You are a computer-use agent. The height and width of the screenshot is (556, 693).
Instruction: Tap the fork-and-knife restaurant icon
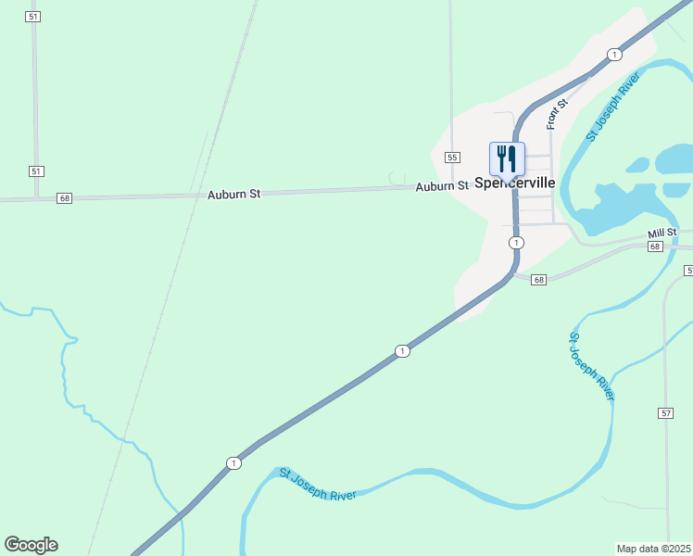[507, 158]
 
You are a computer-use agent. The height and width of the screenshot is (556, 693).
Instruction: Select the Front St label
[553, 115]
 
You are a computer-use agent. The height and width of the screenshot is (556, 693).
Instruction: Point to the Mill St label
[663, 233]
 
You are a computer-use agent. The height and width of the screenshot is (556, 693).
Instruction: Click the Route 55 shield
[452, 158]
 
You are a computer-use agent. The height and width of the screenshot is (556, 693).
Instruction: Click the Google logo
[31, 545]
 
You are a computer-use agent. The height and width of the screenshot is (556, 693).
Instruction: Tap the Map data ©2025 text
[654, 549]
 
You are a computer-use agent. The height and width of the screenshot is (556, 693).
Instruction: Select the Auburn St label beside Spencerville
[442, 187]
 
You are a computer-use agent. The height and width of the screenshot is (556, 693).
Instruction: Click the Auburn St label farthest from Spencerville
[234, 195]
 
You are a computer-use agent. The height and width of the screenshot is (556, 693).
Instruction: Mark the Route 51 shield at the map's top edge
[34, 18]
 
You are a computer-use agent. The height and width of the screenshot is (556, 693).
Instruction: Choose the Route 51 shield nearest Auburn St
[36, 171]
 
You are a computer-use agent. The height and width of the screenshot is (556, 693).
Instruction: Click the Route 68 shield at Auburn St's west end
[64, 198]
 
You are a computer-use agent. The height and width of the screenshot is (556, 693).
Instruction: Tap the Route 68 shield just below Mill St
[656, 246]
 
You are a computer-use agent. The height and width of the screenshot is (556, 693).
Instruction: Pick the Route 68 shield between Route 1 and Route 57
[539, 280]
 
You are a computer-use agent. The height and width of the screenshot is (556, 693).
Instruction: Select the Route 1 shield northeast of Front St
[614, 55]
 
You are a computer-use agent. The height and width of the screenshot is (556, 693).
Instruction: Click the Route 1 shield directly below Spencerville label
[516, 242]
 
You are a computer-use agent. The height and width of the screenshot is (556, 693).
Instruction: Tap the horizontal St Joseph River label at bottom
[318, 484]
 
